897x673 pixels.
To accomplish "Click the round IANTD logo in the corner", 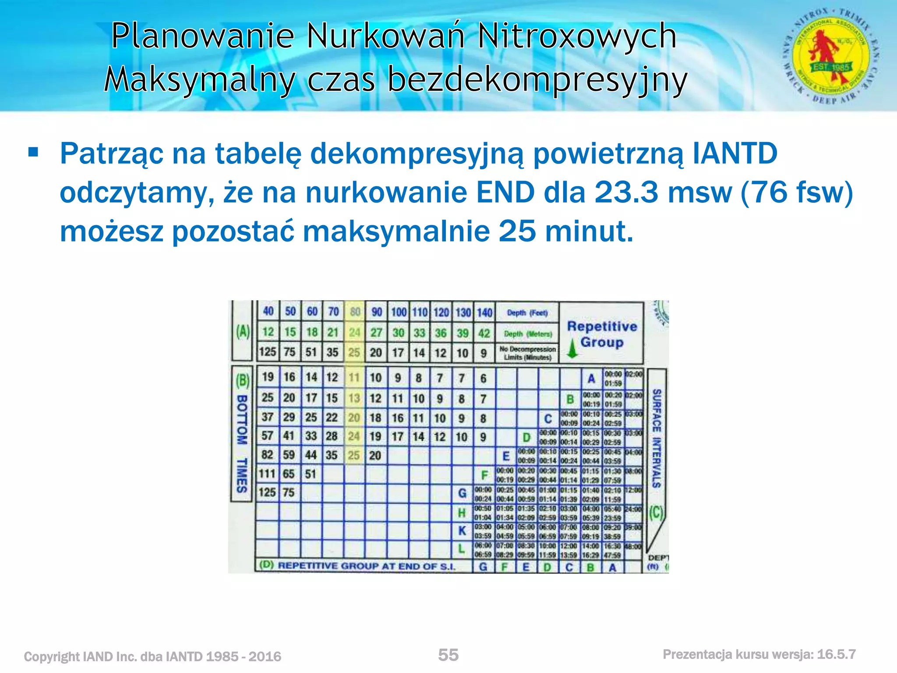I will pos(831,56).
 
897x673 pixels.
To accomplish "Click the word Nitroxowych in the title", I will pos(577,36).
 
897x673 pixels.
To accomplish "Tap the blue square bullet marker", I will pos(33,152).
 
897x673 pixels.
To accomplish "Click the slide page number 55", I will pos(448,655).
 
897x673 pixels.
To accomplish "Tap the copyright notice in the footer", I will pos(152,656).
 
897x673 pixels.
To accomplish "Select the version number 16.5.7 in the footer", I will pos(836,655).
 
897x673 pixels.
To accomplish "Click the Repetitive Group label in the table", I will pos(602,334).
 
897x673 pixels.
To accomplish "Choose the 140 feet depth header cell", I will pos(484,312).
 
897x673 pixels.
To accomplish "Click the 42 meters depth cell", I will pos(484,333).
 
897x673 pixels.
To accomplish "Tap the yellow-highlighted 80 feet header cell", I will pos(355,312).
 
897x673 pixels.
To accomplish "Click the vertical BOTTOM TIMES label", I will pos(242,443).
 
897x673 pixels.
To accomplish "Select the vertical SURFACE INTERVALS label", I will pos(656,438).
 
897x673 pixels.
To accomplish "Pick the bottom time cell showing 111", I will pos(267,474).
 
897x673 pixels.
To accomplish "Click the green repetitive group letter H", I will pos(462,513).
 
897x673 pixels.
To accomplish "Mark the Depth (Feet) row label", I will pos(527,313).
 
